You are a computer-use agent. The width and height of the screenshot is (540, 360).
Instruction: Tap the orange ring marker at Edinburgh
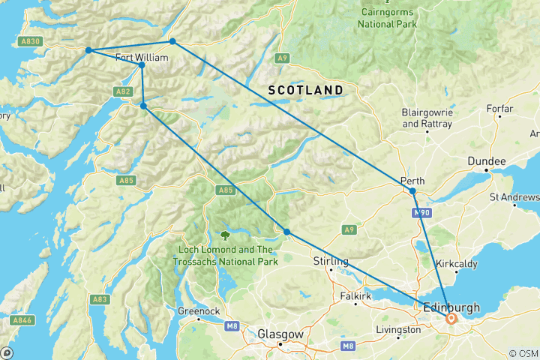coord(451,318)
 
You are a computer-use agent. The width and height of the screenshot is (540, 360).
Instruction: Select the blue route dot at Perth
coord(412,191)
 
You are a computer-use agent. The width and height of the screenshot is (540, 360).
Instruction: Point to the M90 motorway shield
coord(422,214)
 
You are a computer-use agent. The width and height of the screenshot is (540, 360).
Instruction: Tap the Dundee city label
coord(487,161)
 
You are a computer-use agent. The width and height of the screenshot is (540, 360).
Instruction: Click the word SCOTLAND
coord(306,90)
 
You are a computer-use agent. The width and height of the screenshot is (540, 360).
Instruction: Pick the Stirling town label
coord(330,261)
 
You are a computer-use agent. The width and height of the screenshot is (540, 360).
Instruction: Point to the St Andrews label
coord(514,198)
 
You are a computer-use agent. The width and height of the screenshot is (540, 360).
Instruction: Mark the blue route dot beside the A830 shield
coord(88,50)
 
